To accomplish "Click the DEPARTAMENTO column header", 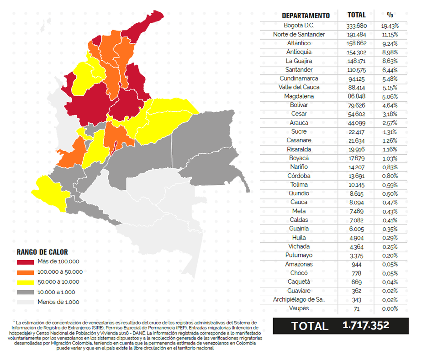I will point(306,16).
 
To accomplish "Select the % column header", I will point(390,15).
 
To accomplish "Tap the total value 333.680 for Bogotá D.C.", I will point(356,26).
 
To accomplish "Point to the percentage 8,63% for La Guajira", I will point(390,61).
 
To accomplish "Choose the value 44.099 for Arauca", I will point(356,123).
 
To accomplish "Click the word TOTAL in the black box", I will point(310,326).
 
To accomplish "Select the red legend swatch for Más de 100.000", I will point(26,262).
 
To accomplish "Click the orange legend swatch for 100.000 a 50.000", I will point(26,272).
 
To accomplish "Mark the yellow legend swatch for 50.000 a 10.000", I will point(26,282).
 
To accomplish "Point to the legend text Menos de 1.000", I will point(59,302).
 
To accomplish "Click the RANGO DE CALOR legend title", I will point(42,252).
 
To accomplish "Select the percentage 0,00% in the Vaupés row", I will point(390,308).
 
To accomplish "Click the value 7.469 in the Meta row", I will point(356,211).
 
